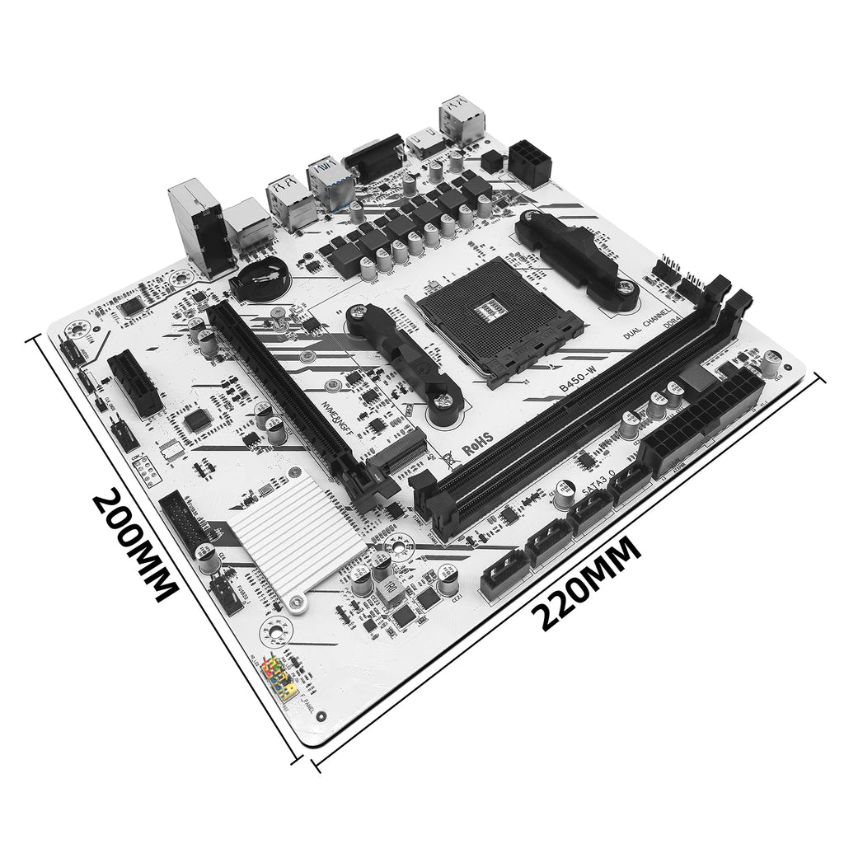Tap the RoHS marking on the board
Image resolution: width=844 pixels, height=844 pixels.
point(477,447)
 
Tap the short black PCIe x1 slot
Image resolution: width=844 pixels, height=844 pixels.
point(134,383)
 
